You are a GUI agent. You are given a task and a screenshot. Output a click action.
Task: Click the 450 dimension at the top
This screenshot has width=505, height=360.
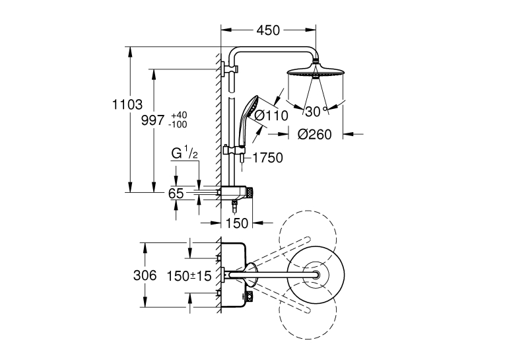tap(268, 30)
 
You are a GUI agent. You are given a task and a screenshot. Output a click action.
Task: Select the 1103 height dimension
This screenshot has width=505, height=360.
tap(127, 104)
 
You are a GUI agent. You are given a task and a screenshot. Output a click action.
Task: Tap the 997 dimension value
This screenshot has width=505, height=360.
tap(153, 120)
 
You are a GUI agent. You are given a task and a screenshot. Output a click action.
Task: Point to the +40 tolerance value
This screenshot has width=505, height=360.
tap(179, 115)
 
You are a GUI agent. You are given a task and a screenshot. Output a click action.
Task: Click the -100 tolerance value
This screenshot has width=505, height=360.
tap(178, 124)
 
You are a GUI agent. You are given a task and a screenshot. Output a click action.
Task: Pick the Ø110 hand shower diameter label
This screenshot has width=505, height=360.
tap(271, 116)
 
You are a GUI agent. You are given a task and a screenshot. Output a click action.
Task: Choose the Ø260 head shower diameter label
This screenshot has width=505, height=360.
tap(315, 134)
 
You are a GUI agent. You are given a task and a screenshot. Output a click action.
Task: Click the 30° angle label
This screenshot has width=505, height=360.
tap(316, 112)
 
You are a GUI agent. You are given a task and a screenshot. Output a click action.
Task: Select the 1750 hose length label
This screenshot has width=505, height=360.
tap(267, 158)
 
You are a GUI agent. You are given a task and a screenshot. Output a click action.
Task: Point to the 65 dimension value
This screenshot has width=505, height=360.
tap(176, 194)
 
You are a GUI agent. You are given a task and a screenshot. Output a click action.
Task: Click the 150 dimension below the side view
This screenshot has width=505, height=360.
tap(237, 223)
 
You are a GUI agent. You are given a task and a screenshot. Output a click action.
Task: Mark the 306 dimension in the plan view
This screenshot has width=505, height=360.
tap(145, 275)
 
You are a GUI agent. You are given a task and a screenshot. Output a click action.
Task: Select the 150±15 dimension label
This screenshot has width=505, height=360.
tap(189, 276)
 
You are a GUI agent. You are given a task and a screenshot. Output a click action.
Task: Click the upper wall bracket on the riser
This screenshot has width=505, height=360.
tap(229, 69)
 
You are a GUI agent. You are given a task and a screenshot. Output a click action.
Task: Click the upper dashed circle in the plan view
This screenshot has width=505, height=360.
tap(308, 239)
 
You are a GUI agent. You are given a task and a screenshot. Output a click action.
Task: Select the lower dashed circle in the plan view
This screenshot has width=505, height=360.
tap(308, 310)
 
